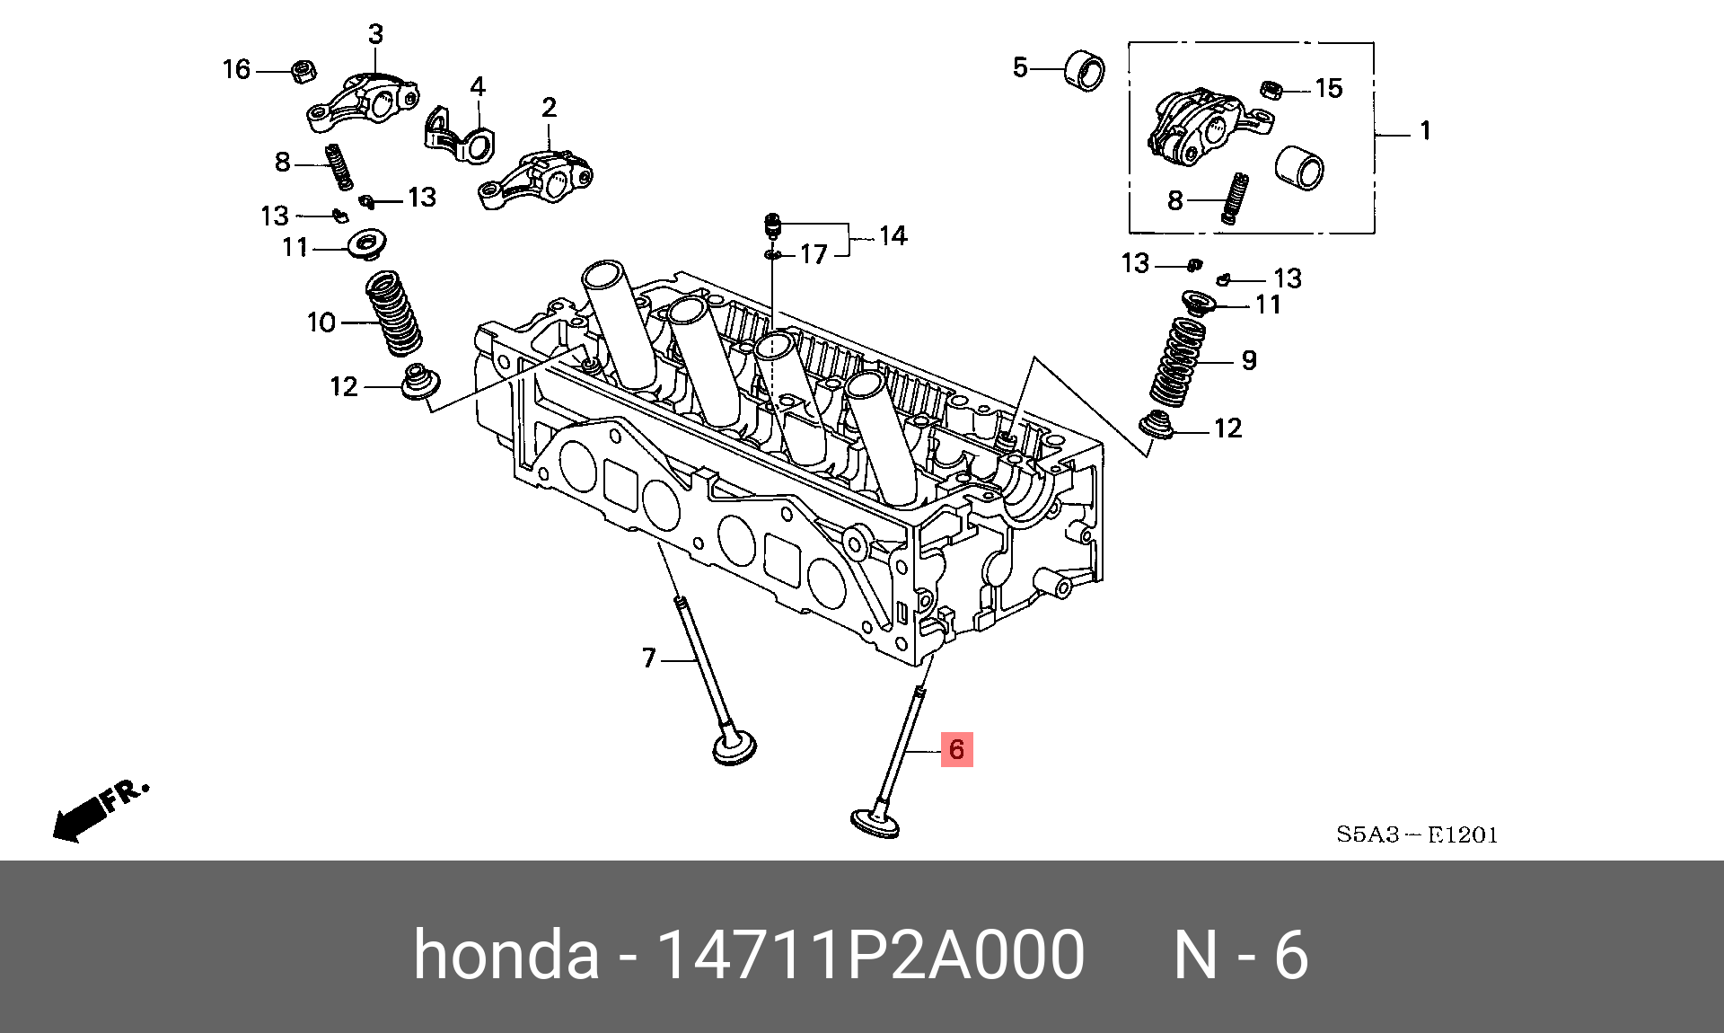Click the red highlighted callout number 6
tap(956, 749)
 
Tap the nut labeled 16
tap(303, 70)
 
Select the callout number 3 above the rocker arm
tap(375, 35)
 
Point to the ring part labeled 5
tap(1084, 72)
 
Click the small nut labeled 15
tap(1270, 89)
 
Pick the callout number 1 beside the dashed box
tap(1425, 131)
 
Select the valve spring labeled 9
tap(1178, 363)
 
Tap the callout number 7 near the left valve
tap(649, 658)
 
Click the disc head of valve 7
tap(734, 748)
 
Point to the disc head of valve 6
tap(874, 823)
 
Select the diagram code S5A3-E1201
tap(1417, 834)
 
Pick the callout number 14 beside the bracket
tap(892, 236)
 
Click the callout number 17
tap(813, 255)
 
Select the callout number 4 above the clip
tap(478, 87)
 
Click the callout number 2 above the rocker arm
tap(549, 108)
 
